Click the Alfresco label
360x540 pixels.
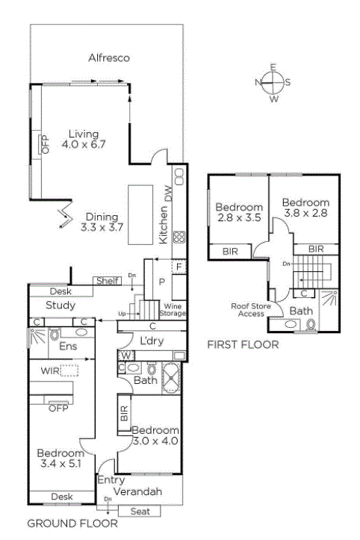pyautogui.click(x=109, y=58)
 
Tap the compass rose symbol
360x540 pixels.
pyautogui.click(x=273, y=83)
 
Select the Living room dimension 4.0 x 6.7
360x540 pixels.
pyautogui.click(x=84, y=144)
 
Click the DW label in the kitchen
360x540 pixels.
pyautogui.click(x=168, y=193)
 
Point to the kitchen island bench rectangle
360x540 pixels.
pyautogui.click(x=140, y=215)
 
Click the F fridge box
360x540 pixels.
pyautogui.click(x=179, y=267)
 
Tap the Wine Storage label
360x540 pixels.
pyautogui.click(x=173, y=310)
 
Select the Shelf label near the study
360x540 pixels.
pyautogui.click(x=108, y=281)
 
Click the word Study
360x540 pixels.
pyautogui.click(x=60, y=305)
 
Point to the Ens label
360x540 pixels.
pyautogui.click(x=68, y=346)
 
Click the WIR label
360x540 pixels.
pyautogui.click(x=50, y=371)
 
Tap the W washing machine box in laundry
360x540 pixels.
pyautogui.click(x=125, y=356)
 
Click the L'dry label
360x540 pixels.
pyautogui.click(x=152, y=341)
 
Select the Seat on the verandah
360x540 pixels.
pyautogui.click(x=140, y=512)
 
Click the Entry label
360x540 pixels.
pyautogui.click(x=111, y=480)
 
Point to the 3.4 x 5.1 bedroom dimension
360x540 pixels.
pyautogui.click(x=60, y=464)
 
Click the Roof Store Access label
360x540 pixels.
pyautogui.click(x=251, y=310)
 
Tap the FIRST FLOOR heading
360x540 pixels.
pyautogui.click(x=243, y=345)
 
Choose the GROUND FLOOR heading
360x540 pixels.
pyautogui.click(x=72, y=524)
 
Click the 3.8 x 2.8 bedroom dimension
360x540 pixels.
pyautogui.click(x=305, y=213)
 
